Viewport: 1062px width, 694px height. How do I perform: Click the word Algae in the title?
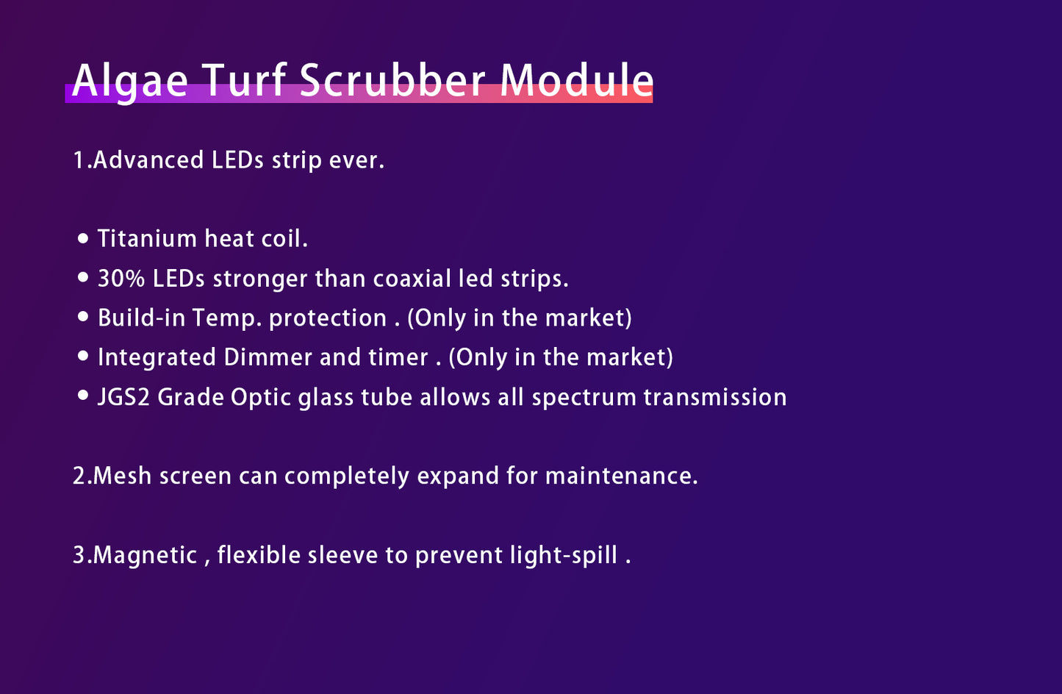pyautogui.click(x=130, y=82)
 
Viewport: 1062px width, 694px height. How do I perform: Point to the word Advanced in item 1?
pyautogui.click(x=148, y=160)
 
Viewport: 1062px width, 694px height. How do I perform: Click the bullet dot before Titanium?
pyautogui.click(x=83, y=238)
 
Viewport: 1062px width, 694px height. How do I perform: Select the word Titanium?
pyautogui.click(x=147, y=238)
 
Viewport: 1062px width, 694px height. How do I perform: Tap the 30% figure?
pyautogui.click(x=121, y=278)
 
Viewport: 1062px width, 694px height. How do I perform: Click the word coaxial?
pyautogui.click(x=412, y=278)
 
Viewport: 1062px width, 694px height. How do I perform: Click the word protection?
pyautogui.click(x=328, y=318)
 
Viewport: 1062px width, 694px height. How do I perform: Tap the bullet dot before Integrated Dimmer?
pyautogui.click(x=83, y=356)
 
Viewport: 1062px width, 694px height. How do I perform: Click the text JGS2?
pyautogui.click(x=123, y=397)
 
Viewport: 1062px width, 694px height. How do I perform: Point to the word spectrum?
pyautogui.click(x=584, y=398)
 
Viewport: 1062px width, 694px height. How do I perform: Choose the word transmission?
pyautogui.click(x=715, y=397)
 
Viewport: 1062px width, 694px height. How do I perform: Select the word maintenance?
pyautogui.click(x=622, y=476)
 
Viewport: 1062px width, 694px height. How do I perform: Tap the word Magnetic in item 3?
pyautogui.click(x=145, y=556)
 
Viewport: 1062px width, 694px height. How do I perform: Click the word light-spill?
pyautogui.click(x=564, y=556)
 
